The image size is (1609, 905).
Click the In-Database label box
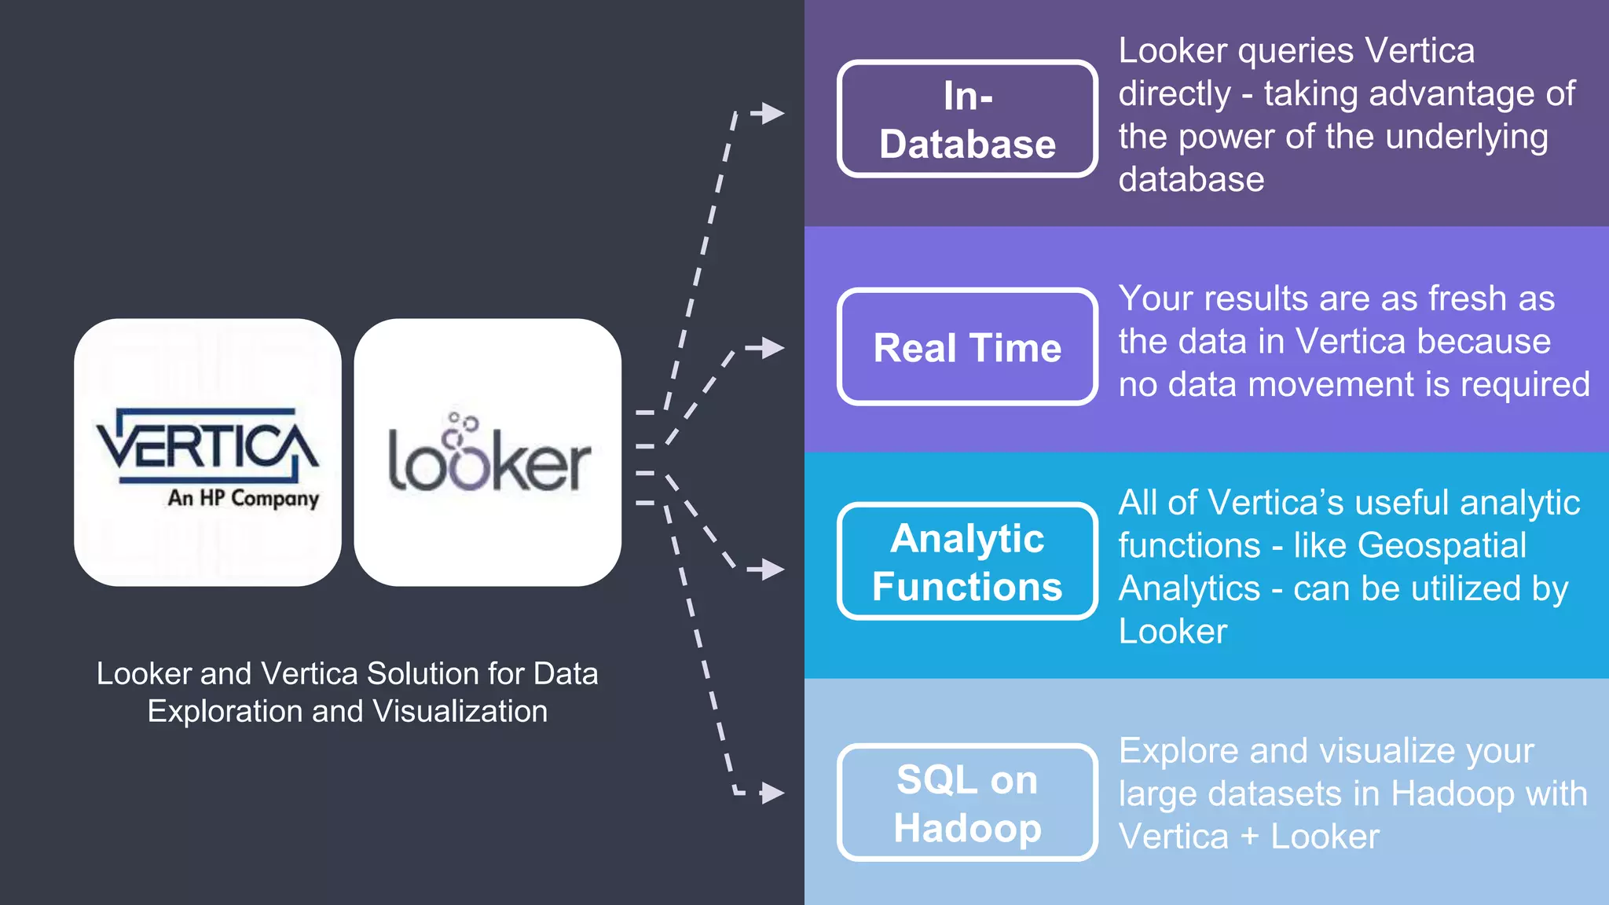pyautogui.click(x=967, y=119)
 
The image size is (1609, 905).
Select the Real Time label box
pyautogui.click(x=967, y=347)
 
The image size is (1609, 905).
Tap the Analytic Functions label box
pyautogui.click(x=967, y=562)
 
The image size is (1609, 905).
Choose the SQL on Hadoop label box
pyautogui.click(x=967, y=803)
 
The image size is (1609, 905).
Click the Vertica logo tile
pyautogui.click(x=207, y=452)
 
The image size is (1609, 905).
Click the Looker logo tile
pyautogui.click(x=487, y=452)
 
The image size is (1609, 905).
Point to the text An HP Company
pyautogui.click(x=243, y=498)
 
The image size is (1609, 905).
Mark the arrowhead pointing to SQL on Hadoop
pyautogui.click(x=773, y=793)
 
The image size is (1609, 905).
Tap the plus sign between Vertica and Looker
pyautogui.click(x=1249, y=837)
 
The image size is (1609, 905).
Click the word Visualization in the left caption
pyautogui.click(x=460, y=712)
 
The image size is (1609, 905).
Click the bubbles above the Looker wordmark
pyautogui.click(x=460, y=427)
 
